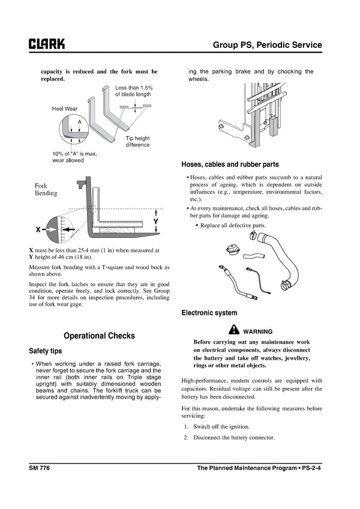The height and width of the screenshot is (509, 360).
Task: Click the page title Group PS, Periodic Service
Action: pos(267,45)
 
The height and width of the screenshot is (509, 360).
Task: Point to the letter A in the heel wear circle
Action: pos(79,122)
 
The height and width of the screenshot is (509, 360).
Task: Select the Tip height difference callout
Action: pos(137,141)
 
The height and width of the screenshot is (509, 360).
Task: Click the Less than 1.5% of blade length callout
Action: pos(134,91)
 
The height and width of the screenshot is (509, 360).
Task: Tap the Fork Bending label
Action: pos(46,189)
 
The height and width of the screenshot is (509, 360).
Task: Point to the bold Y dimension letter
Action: pos(155,222)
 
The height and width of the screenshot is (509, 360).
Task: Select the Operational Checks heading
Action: pos(99,336)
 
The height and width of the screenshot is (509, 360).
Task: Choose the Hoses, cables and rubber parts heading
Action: pos(230,164)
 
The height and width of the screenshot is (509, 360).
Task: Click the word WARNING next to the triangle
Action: pos(258,331)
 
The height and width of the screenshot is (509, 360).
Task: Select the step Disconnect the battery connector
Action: pos(233,438)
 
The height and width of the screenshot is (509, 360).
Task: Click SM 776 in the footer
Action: pos(40,468)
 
